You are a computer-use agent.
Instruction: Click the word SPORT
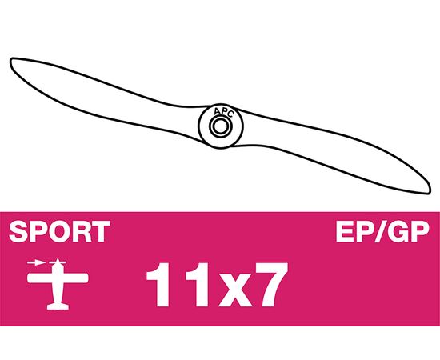point(59,231)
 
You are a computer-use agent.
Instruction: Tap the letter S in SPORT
point(18,231)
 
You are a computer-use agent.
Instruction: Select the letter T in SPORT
point(101,231)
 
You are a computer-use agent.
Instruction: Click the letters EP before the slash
point(354,231)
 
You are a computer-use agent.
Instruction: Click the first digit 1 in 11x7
point(160,284)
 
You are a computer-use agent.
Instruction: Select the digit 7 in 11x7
point(272,284)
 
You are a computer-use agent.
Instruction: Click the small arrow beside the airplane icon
point(36,263)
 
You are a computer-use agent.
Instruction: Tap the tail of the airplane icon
point(58,306)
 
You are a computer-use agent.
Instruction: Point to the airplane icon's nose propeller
point(58,262)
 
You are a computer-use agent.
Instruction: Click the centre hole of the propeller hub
point(220,126)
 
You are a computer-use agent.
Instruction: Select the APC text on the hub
point(224,112)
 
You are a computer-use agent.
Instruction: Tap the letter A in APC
point(217,112)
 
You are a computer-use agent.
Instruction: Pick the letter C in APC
point(230,114)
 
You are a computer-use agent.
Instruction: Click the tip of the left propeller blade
point(11,59)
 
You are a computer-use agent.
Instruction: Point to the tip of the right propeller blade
point(430,192)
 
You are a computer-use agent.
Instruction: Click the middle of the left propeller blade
point(106,101)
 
